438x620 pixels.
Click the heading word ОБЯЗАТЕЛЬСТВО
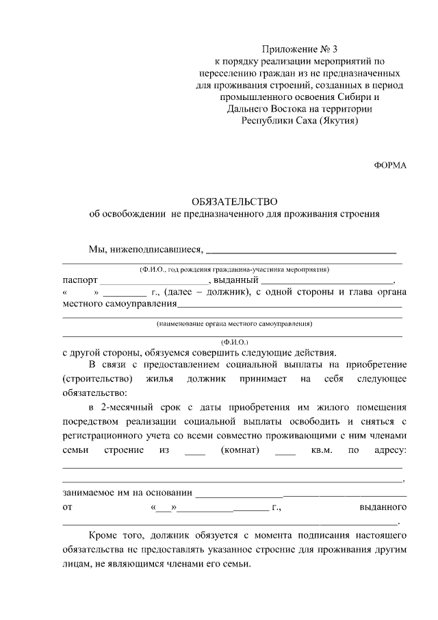click(234, 201)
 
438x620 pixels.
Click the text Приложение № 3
click(300, 49)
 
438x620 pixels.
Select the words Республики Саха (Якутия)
click(300, 120)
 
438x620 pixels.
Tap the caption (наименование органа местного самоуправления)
click(234, 322)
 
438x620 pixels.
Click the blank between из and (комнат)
click(195, 451)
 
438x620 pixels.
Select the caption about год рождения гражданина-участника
click(234, 269)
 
